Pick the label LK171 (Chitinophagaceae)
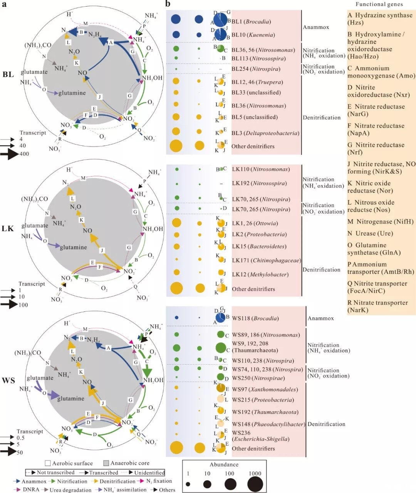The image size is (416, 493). (x=266, y=261)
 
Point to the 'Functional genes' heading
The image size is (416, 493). (x=379, y=4)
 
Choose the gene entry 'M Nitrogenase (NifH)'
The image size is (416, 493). (x=380, y=222)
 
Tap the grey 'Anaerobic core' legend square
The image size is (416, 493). (x=106, y=463)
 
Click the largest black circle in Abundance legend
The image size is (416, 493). (x=255, y=484)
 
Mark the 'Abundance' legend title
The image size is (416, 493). (x=224, y=464)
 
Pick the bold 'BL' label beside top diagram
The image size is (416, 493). (x=8, y=74)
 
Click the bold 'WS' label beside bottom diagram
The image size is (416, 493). (x=8, y=381)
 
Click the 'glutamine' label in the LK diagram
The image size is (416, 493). (x=73, y=247)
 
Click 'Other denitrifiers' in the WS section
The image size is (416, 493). (x=253, y=449)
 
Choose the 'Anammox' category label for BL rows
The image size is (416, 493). (x=316, y=27)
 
